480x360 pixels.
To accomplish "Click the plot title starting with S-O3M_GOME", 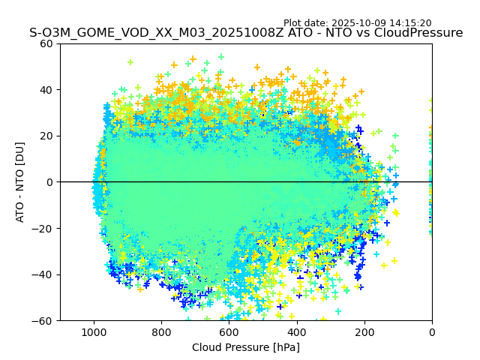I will (246, 33).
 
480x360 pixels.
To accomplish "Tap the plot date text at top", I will (357, 23).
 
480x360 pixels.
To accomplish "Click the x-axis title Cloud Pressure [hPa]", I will (246, 347).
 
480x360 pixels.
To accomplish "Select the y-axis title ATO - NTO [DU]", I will (20, 181).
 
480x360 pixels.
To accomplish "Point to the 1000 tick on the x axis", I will (94, 331).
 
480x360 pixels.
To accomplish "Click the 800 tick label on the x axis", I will (161, 331).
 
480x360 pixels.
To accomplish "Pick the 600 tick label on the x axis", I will (229, 331).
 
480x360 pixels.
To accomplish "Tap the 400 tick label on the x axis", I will (296, 331).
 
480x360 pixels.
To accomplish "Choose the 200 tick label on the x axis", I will (364, 331).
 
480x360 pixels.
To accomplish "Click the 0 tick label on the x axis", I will (431, 331).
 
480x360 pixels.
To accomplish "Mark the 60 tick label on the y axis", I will (46, 43).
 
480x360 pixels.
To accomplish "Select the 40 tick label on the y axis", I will (46, 90).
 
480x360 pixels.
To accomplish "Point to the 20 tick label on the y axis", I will (46, 136).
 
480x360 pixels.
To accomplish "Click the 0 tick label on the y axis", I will (49, 182).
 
